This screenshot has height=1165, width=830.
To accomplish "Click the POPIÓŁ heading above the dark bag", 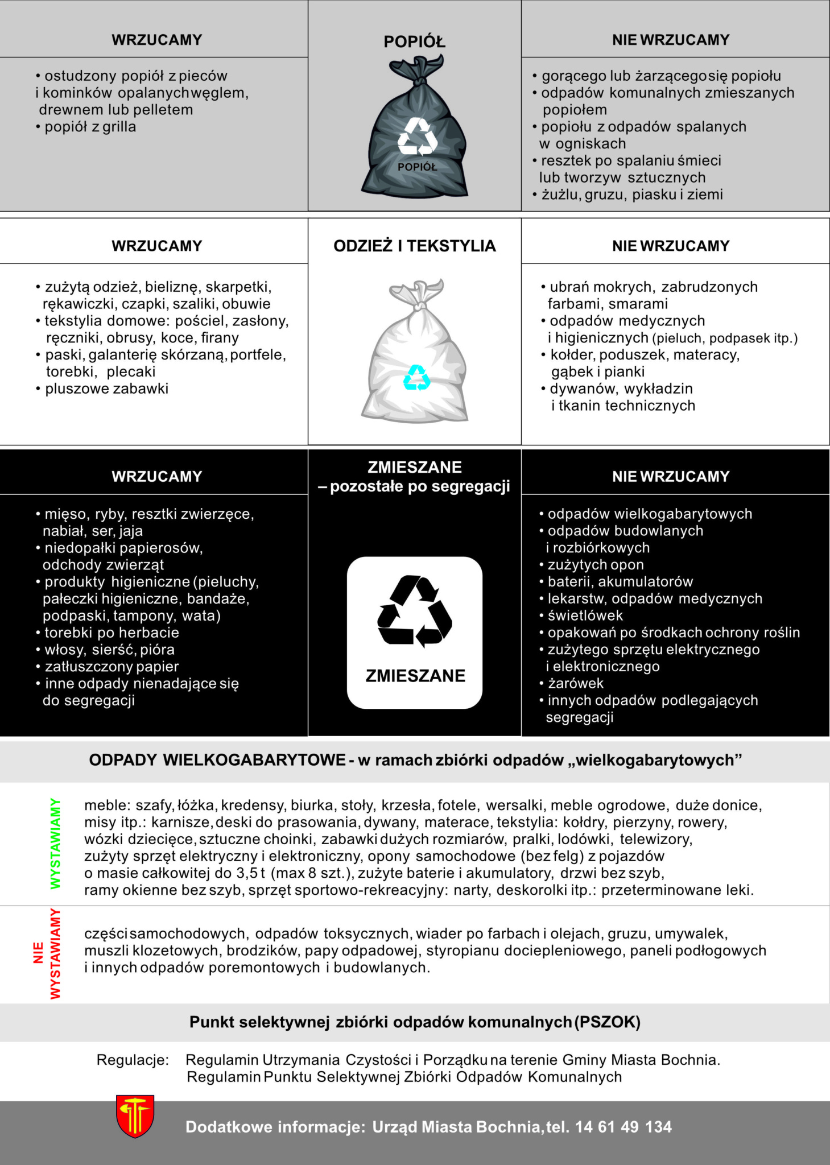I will (414, 42).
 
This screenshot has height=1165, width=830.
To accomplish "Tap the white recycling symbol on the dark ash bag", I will (417, 137).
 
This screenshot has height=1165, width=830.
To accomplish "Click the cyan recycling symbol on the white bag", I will (417, 378).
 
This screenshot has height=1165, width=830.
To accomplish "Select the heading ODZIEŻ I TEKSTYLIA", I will (414, 246).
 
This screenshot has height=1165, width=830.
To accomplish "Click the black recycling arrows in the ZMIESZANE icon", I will (415, 612).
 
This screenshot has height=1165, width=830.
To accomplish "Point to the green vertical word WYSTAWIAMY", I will (55, 843).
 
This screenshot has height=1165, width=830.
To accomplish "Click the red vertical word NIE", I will (39, 953).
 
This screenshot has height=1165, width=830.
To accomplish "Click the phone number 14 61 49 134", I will (623, 1127).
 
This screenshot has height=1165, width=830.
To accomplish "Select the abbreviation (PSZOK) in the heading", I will (608, 1022).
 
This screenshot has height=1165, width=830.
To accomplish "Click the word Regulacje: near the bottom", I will (133, 1060).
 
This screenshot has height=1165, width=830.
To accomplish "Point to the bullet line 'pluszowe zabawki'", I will (106, 389).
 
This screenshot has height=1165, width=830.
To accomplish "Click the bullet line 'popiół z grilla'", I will (90, 127).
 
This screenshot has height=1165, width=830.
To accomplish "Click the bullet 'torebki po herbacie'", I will (112, 633).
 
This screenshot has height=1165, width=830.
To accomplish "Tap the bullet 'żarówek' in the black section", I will (575, 683).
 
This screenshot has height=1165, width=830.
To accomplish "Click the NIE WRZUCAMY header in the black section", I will (671, 476).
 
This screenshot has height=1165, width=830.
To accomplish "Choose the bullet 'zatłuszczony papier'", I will (112, 666).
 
